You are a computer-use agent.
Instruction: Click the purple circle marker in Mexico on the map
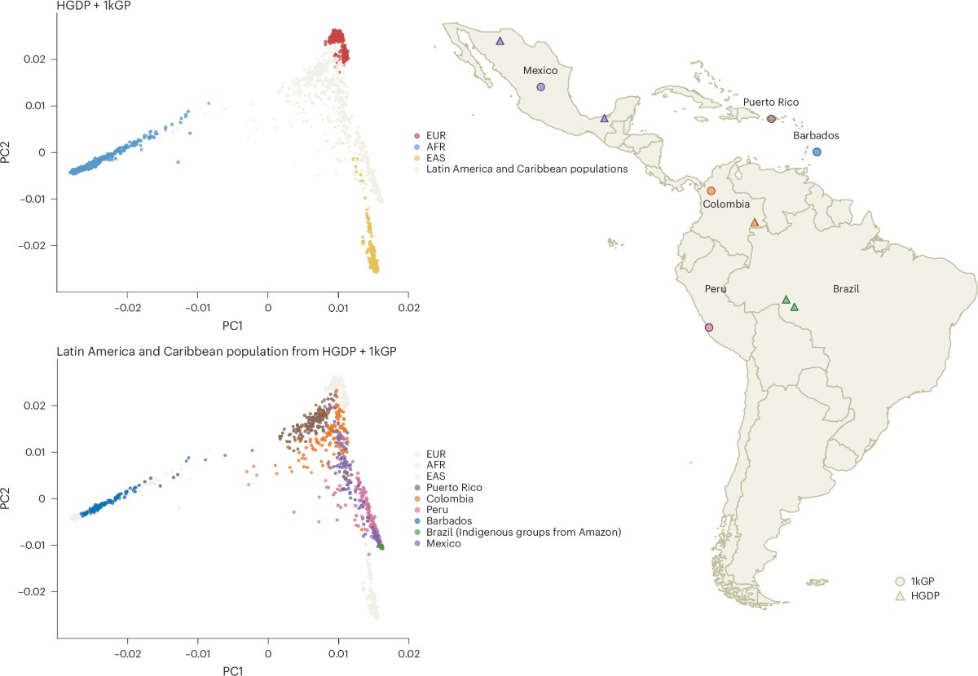click(x=540, y=87)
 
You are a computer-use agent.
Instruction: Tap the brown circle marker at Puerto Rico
click(x=771, y=119)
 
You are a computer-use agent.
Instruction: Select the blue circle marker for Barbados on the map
click(x=817, y=152)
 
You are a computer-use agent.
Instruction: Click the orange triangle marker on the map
click(x=755, y=222)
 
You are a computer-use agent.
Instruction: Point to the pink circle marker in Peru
click(x=708, y=327)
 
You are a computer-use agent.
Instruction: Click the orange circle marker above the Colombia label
click(x=711, y=191)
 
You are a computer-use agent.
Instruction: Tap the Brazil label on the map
click(x=846, y=289)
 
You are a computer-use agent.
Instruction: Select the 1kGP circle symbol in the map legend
click(x=900, y=581)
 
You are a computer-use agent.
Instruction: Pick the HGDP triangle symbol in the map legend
click(x=900, y=596)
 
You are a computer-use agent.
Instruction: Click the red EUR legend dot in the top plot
click(x=418, y=135)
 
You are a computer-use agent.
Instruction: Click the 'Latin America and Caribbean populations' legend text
click(x=526, y=169)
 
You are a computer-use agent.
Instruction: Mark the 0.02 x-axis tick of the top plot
click(x=408, y=309)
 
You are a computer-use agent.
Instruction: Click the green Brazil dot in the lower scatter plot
click(x=381, y=547)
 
